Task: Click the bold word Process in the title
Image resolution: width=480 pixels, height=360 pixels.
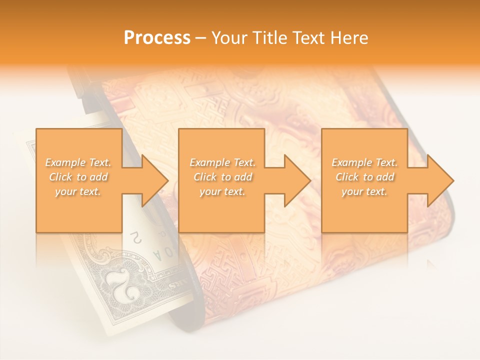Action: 157,38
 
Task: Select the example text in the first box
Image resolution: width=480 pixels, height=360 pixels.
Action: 78,177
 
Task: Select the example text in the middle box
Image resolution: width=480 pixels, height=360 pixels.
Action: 222,177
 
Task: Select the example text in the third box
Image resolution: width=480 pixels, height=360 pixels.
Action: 364,177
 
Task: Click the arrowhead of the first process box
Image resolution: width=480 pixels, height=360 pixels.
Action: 155,180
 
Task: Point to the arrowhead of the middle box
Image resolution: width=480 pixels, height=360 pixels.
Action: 297,180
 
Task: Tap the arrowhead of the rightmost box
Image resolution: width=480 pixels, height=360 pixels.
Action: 440,180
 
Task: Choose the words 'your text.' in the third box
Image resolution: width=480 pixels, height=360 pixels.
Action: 364,191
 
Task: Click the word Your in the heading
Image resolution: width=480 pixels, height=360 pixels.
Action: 227,38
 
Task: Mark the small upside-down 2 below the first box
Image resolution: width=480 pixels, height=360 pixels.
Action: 133,237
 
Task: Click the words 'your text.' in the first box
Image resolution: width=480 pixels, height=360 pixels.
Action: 78,191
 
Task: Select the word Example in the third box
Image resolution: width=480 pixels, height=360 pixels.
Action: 351,162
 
